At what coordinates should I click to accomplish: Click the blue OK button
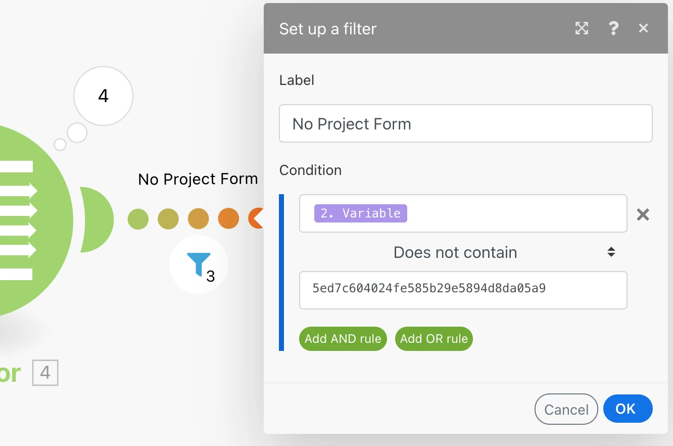coord(628,409)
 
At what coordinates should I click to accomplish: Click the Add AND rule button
coord(343,339)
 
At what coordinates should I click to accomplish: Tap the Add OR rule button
coord(434,339)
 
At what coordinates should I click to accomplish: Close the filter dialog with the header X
coord(643,28)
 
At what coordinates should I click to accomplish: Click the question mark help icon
coord(613,28)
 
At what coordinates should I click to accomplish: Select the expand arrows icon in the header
coord(582,28)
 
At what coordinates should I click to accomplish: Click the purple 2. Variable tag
coord(361,213)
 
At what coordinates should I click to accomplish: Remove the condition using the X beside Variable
coord(643,214)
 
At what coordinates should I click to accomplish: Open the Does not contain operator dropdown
coord(463,252)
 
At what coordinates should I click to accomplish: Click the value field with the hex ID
coord(463,290)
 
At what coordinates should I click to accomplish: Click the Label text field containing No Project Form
coord(465,123)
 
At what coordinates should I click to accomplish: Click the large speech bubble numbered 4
coord(104,96)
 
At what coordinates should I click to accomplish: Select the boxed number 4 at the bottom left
coord(45,373)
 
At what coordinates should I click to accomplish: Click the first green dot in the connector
coord(138,219)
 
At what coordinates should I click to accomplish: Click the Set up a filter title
coord(327,29)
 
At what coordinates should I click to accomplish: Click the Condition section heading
coord(310,170)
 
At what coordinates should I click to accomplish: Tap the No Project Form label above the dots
coord(198,179)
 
